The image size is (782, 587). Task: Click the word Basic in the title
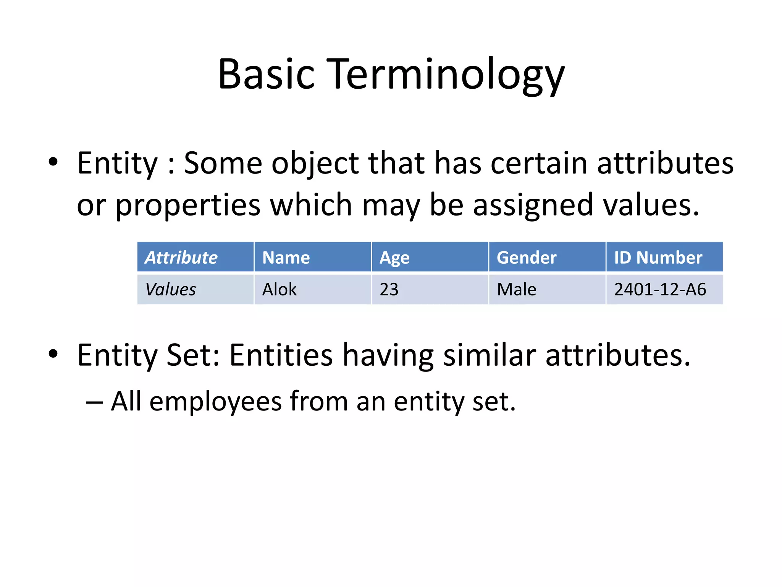click(x=266, y=74)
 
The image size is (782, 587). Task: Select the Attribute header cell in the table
click(x=195, y=257)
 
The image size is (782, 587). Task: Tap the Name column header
click(x=312, y=257)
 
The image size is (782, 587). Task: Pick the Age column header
click(x=430, y=257)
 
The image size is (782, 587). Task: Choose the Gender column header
click(x=547, y=257)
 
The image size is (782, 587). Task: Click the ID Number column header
click(x=664, y=257)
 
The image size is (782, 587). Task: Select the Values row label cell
click(x=195, y=289)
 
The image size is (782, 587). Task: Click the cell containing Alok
click(x=312, y=289)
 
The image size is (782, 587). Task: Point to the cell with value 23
click(x=430, y=289)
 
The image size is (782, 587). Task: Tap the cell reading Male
click(x=547, y=289)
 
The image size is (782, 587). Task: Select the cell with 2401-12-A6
click(x=664, y=289)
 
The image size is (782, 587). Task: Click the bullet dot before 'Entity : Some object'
click(x=53, y=163)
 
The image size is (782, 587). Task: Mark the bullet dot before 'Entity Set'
click(x=53, y=355)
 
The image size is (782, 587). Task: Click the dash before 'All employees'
click(x=94, y=402)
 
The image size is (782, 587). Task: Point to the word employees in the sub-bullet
click(x=215, y=402)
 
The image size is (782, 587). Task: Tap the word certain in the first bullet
click(x=539, y=164)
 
